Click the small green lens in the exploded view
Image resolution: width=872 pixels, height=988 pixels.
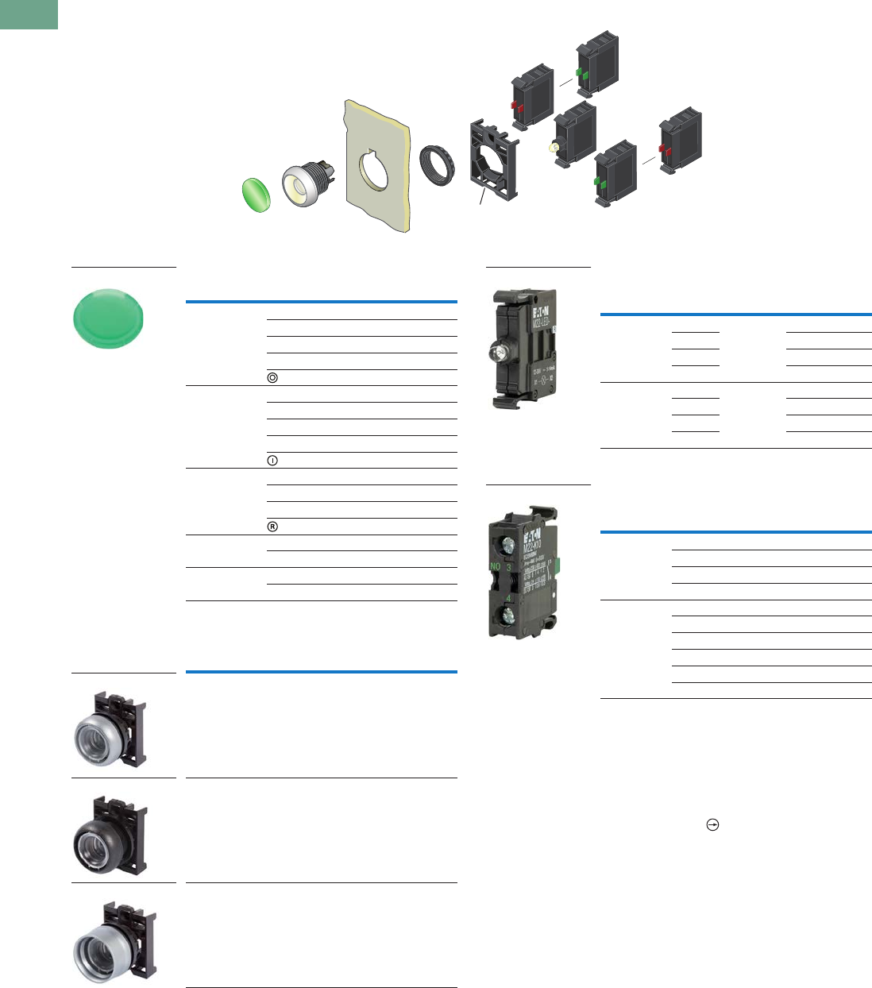256,195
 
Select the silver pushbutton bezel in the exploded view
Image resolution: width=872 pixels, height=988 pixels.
302,186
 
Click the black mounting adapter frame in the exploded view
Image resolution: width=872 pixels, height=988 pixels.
494,160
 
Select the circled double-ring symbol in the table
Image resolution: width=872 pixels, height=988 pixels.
272,378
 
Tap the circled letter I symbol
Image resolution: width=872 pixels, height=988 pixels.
272,461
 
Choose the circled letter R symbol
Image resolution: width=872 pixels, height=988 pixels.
272,527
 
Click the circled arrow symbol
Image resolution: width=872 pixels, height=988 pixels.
712,825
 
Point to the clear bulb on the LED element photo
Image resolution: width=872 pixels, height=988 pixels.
503,350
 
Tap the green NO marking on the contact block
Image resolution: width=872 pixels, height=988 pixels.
495,567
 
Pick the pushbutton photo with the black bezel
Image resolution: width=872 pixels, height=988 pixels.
111,830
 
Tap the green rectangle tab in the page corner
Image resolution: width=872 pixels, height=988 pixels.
29,14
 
